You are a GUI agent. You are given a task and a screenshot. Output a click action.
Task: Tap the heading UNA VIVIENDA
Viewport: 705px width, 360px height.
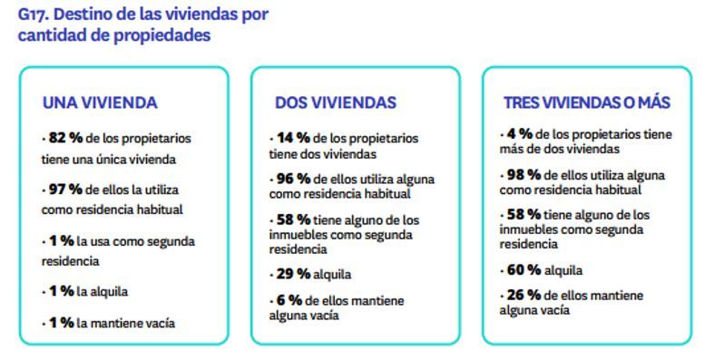click(x=100, y=102)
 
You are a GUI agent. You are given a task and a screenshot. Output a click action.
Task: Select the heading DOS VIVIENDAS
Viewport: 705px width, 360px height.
click(x=335, y=102)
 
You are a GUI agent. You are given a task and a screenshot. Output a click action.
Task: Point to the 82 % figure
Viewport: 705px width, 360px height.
click(x=65, y=138)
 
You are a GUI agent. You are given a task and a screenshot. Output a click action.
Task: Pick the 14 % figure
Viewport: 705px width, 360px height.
click(x=293, y=138)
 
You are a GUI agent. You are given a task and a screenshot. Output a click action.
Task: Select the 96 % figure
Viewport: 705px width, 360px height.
click(x=294, y=179)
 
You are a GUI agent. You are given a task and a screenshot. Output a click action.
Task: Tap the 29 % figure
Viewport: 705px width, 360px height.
click(x=295, y=273)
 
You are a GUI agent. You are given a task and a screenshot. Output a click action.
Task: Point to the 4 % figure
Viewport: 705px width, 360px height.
click(x=521, y=133)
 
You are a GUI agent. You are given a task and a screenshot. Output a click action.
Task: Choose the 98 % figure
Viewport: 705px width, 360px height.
click(x=524, y=174)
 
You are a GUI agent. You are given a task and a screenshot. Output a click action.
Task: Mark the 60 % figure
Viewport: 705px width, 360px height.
click(x=525, y=269)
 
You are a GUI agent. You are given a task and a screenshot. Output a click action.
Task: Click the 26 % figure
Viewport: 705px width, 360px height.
click(x=524, y=296)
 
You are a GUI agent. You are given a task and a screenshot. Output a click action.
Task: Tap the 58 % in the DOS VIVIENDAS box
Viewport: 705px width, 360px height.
click(x=294, y=219)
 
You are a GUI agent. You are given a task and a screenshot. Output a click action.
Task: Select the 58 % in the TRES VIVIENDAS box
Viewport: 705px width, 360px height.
click(x=524, y=215)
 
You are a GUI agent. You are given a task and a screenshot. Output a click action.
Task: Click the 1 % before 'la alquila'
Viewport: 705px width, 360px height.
click(x=61, y=291)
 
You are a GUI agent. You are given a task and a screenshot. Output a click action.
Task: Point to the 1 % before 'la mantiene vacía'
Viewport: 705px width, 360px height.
click(x=61, y=322)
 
